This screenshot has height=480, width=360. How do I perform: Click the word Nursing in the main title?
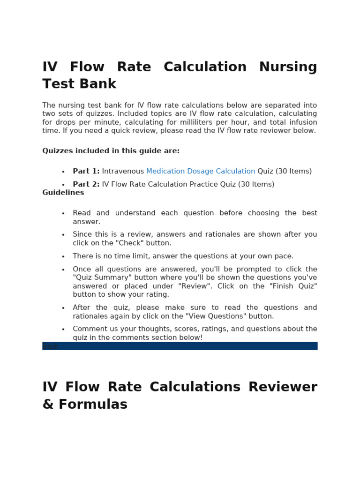[288, 67]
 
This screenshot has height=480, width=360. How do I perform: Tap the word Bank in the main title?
[98, 84]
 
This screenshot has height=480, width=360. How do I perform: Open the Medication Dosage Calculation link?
[201, 172]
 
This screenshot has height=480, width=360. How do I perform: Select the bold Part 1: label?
[86, 172]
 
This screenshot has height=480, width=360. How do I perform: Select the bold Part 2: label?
[86, 184]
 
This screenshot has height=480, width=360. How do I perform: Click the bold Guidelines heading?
[63, 193]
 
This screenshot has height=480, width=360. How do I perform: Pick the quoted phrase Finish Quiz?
[291, 286]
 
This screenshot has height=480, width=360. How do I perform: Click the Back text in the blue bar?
[51, 346]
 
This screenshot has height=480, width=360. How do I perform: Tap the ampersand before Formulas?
[48, 404]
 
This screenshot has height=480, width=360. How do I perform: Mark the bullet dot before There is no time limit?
[63, 256]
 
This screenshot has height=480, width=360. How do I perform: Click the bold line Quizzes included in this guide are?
[111, 151]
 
